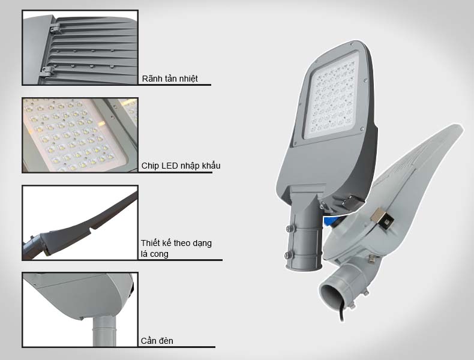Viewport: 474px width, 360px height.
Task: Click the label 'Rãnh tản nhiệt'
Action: (x=170, y=79)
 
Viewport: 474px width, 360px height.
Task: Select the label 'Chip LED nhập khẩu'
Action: (x=181, y=166)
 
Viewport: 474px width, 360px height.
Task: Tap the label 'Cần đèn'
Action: (x=157, y=341)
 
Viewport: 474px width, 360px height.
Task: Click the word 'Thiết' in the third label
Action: (x=151, y=243)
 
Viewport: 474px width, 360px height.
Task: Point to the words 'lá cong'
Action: (x=154, y=254)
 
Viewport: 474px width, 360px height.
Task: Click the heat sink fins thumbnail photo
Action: (x=80, y=48)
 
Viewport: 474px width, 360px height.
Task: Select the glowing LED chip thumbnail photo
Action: (x=80, y=135)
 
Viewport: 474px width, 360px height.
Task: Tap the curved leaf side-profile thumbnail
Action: (x=80, y=223)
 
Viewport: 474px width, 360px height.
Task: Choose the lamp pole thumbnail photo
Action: (x=80, y=310)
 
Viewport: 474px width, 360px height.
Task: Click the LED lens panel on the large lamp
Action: (x=332, y=96)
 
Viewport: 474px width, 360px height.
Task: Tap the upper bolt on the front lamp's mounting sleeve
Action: (x=290, y=229)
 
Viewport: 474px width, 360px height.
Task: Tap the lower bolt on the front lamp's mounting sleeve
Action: (x=289, y=256)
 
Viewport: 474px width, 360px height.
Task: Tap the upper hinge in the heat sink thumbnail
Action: (x=55, y=29)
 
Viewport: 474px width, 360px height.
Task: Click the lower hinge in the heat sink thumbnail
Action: (x=47, y=71)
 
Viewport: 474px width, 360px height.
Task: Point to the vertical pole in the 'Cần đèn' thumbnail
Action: (x=104, y=331)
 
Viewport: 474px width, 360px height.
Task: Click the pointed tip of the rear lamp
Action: (x=460, y=127)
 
